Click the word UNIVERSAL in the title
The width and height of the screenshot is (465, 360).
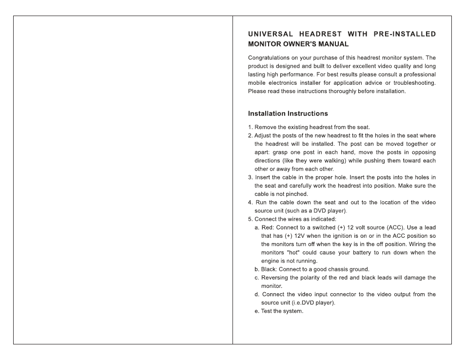(271, 34)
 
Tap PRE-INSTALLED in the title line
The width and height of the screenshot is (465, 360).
(405, 34)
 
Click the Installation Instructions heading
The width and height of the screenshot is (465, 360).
(288, 114)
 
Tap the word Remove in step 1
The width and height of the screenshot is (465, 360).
(265, 127)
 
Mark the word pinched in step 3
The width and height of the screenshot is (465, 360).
(298, 194)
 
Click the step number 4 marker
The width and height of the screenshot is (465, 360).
(250, 203)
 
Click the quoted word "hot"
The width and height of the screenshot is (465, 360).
(292, 253)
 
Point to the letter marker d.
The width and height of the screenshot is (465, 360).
(256, 294)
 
